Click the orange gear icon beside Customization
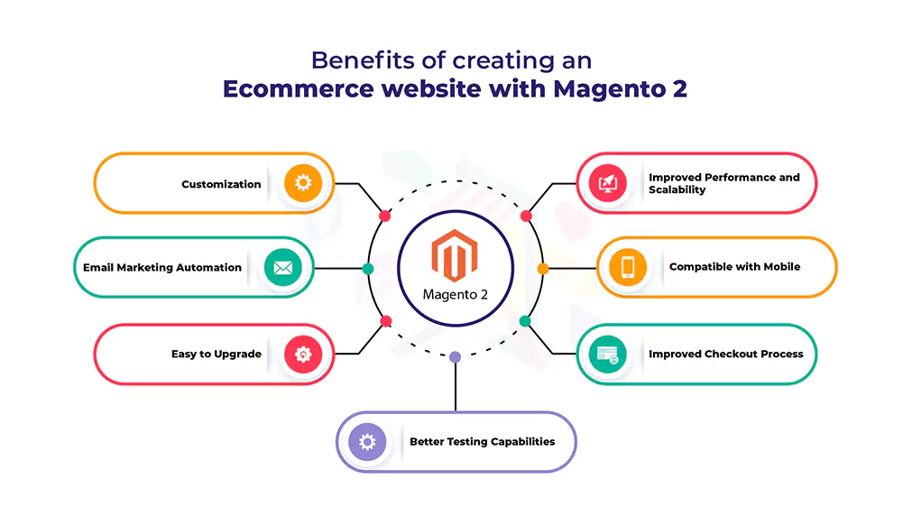(303, 183)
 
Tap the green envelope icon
(282, 267)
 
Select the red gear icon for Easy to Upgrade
(303, 355)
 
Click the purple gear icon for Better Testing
(367, 442)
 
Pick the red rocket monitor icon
(608, 183)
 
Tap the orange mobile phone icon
(628, 267)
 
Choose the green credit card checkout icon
(608, 355)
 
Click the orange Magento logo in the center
(455, 255)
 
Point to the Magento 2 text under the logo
(455, 295)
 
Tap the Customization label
(221, 184)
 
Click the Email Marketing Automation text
(162, 267)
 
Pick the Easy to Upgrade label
(216, 355)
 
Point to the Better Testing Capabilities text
(483, 442)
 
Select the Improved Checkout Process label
(726, 355)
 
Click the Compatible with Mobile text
(734, 267)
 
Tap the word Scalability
(677, 190)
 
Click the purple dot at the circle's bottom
(456, 357)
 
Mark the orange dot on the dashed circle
(543, 269)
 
